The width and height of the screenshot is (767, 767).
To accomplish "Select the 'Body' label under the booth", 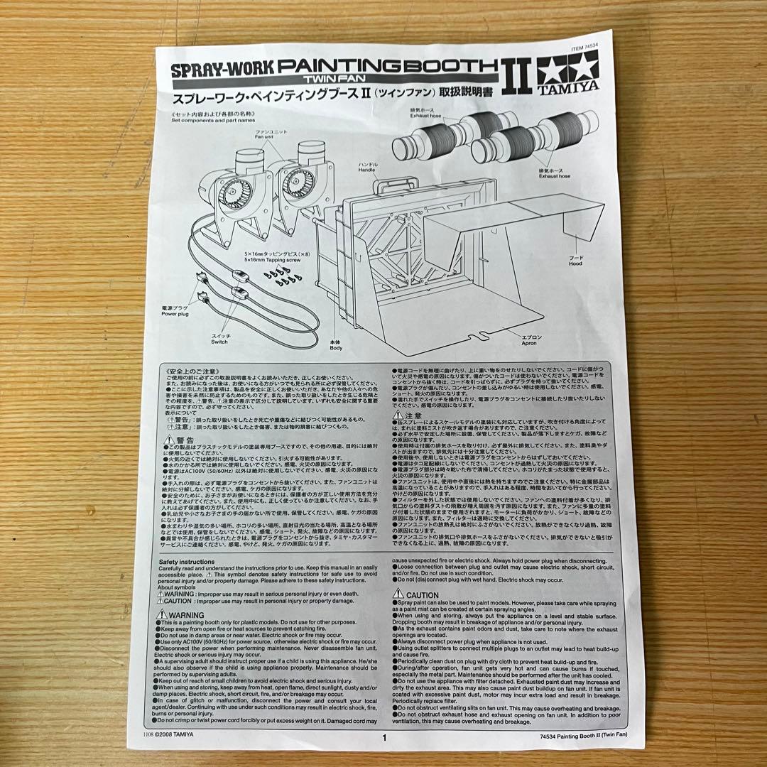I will click(x=335, y=346).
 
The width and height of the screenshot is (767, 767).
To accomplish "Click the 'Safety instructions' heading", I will click(x=186, y=562).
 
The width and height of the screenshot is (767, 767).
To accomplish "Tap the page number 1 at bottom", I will click(x=384, y=737).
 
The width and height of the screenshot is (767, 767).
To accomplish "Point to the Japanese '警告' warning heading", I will click(x=180, y=440).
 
